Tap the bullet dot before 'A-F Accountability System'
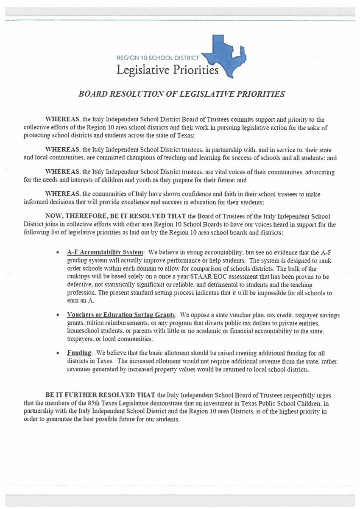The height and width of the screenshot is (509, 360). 58,252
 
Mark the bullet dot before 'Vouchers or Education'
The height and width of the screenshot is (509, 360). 58,316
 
